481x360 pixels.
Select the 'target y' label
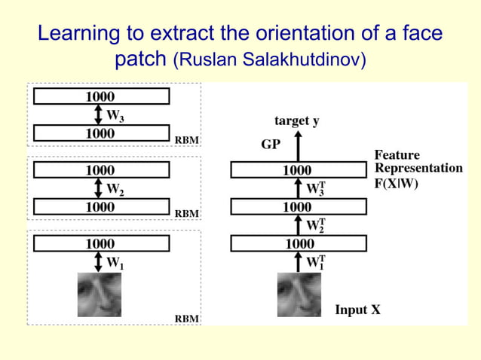tap(297, 121)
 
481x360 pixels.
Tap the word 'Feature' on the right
tap(397, 155)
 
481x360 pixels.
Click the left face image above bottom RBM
tap(100, 294)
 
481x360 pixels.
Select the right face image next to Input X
tap(299, 294)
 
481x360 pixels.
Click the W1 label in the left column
tap(115, 264)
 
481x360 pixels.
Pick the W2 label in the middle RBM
tap(115, 189)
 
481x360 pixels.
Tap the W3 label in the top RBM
tap(115, 116)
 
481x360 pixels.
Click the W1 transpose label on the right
tap(316, 262)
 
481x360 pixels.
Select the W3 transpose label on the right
tap(316, 188)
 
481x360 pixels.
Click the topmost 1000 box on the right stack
tap(298, 170)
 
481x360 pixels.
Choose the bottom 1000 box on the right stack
tap(298, 243)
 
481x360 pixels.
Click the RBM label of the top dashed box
tap(187, 140)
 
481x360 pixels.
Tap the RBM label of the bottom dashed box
tap(187, 319)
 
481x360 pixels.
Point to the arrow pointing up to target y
tap(297, 145)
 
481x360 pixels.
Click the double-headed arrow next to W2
tap(99, 189)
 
